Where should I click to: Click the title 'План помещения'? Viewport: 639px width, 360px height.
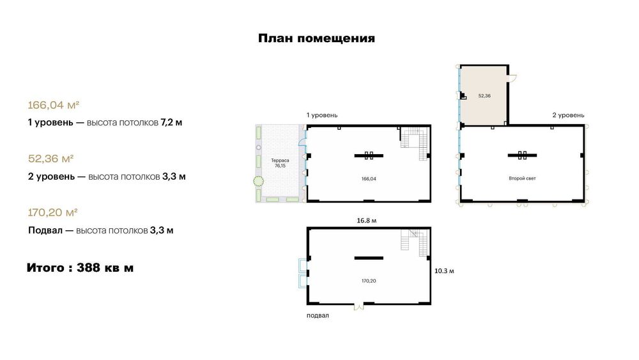coord(317,38)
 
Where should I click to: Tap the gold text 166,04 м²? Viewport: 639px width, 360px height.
coord(54,106)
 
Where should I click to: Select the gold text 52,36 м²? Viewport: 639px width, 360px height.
coord(50,159)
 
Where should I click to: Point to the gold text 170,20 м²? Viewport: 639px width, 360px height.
coord(52,212)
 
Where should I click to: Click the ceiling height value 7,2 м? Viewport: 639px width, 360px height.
coord(171,122)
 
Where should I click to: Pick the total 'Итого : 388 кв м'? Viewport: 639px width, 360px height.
coord(81,268)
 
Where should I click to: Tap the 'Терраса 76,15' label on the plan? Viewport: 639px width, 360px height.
coord(280,163)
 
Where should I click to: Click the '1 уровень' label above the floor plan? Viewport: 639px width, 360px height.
coord(322,115)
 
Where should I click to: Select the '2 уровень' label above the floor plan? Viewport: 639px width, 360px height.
coord(568,115)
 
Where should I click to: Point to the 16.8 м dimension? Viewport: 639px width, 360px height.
coord(367,221)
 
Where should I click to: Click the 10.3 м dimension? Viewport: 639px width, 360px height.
coord(444,270)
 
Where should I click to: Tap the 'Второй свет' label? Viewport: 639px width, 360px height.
coord(522,178)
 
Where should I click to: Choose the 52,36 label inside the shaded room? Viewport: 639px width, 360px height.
coord(484,96)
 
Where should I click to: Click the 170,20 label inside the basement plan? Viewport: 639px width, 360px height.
coord(369,281)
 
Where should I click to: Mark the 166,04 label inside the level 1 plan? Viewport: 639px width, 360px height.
coord(369,178)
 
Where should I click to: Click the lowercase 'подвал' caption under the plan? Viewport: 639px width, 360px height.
coord(318,315)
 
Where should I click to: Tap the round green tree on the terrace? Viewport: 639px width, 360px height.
coord(258,181)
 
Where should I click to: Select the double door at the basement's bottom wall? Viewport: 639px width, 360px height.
coord(358,306)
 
